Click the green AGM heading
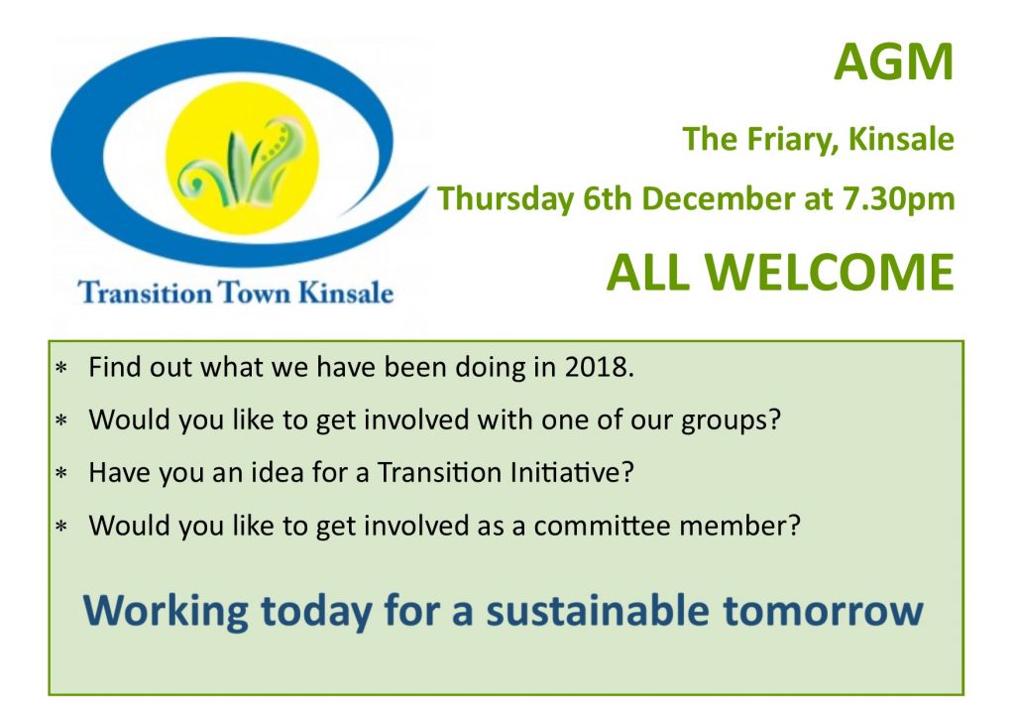pyautogui.click(x=894, y=62)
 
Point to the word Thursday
pyautogui.click(x=506, y=198)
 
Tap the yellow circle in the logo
pyautogui.click(x=242, y=159)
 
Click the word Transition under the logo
pyautogui.click(x=145, y=292)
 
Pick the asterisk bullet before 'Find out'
pyautogui.click(x=61, y=369)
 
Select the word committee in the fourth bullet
pyautogui.click(x=602, y=526)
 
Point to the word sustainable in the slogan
pyautogui.click(x=598, y=611)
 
